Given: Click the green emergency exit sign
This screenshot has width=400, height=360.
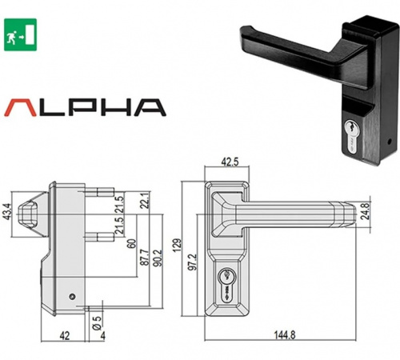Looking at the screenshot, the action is [20, 34].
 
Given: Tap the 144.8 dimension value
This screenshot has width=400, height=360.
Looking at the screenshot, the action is [285, 334].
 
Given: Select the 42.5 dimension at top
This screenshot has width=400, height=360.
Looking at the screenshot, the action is [230, 162].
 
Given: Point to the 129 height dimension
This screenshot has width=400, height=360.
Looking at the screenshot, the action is [178, 245].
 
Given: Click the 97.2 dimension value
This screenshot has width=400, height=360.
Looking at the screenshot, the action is [192, 262].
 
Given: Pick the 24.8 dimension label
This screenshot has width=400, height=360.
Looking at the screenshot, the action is [365, 211].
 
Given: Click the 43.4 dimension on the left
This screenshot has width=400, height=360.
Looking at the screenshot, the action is [7, 212].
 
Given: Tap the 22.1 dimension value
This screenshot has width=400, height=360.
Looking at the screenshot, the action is [144, 201].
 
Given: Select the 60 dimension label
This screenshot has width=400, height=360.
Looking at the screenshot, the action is [131, 243].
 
